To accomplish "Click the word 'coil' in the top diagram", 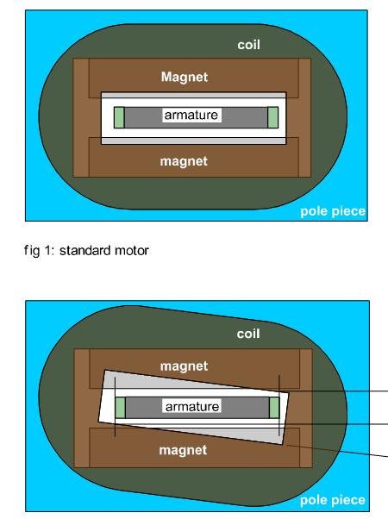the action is click(248, 45).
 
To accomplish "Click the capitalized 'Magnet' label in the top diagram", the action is click(185, 77).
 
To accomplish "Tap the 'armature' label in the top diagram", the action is click(191, 115).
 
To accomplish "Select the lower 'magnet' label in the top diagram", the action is click(184, 161).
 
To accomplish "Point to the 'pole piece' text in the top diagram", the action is click(332, 211).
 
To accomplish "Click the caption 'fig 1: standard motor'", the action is click(86, 250).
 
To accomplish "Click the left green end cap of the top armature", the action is click(119, 117).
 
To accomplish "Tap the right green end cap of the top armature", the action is click(272, 117).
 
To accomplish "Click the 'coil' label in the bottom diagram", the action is click(248, 334).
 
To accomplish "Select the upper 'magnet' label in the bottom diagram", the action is click(184, 366).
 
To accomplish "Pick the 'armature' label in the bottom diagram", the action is click(192, 406).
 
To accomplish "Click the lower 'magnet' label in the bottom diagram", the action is click(183, 450).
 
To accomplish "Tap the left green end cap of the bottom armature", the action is click(120, 408).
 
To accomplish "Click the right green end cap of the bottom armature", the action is click(274, 408).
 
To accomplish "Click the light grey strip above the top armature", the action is click(193, 96).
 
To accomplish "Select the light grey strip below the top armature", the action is click(193, 141).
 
